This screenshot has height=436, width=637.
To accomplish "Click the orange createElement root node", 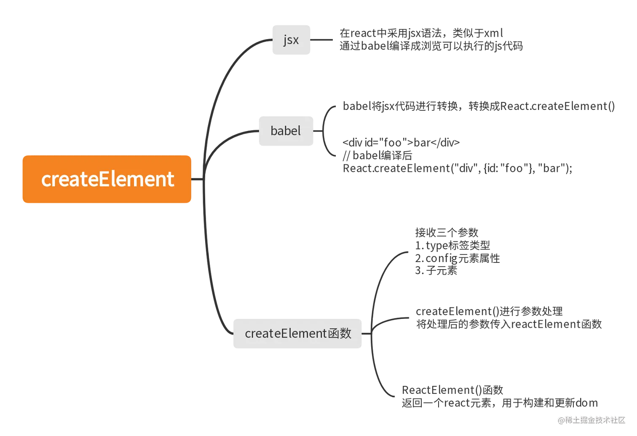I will (106, 179).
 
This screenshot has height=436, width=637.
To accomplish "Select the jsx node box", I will (291, 40).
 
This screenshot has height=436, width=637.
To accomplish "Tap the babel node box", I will (286, 131).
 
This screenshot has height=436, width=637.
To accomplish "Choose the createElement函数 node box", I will (298, 334).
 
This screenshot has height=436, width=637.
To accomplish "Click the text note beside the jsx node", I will (430, 40).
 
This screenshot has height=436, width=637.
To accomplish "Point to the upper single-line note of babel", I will (478, 106).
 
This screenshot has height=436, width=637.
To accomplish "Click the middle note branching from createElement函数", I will (508, 318).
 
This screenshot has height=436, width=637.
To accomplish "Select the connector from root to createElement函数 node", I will (211, 274).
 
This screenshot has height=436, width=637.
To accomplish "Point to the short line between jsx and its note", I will (322, 40).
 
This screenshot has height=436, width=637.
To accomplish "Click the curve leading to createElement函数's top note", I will (381, 274).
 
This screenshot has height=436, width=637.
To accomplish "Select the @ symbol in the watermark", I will (560, 420).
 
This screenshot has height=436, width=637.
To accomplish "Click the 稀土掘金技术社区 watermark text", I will (595, 420).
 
